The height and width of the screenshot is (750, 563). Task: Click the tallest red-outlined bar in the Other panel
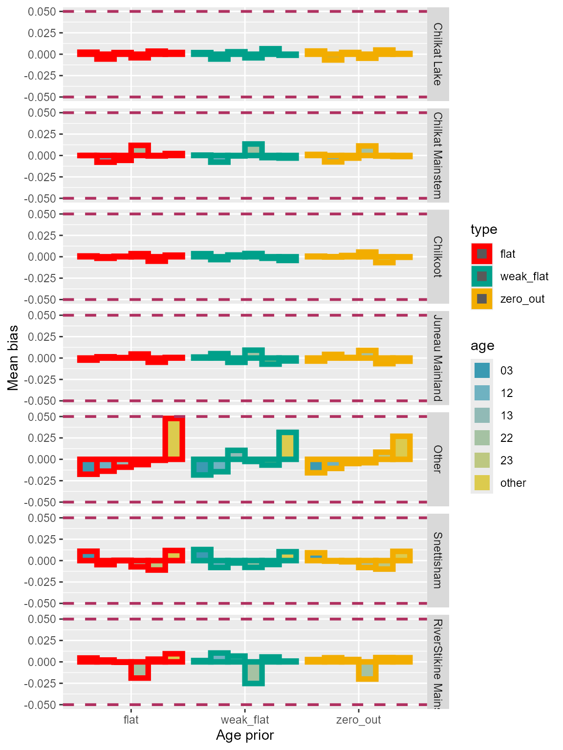174,438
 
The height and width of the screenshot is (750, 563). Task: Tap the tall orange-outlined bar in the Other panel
401,447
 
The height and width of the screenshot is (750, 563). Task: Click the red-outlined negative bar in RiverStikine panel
140,670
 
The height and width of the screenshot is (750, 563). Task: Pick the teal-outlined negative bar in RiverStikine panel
253,673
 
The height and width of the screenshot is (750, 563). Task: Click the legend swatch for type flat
481,254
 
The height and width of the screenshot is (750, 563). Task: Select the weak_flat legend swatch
481,276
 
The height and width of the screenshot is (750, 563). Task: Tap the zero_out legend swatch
481,299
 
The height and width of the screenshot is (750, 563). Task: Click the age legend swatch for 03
482,371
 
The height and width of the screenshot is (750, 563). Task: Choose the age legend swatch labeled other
482,483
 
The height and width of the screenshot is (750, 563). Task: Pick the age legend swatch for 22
482,438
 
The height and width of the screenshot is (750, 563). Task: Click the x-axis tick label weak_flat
245,720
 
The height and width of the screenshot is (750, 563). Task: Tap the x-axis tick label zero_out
359,720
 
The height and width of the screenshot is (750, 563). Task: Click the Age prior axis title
245,735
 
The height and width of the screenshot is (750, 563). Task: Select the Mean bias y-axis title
13,358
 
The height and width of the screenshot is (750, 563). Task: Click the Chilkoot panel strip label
438,257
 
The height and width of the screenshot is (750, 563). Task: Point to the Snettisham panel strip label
438,560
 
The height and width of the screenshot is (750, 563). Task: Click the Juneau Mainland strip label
438,358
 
